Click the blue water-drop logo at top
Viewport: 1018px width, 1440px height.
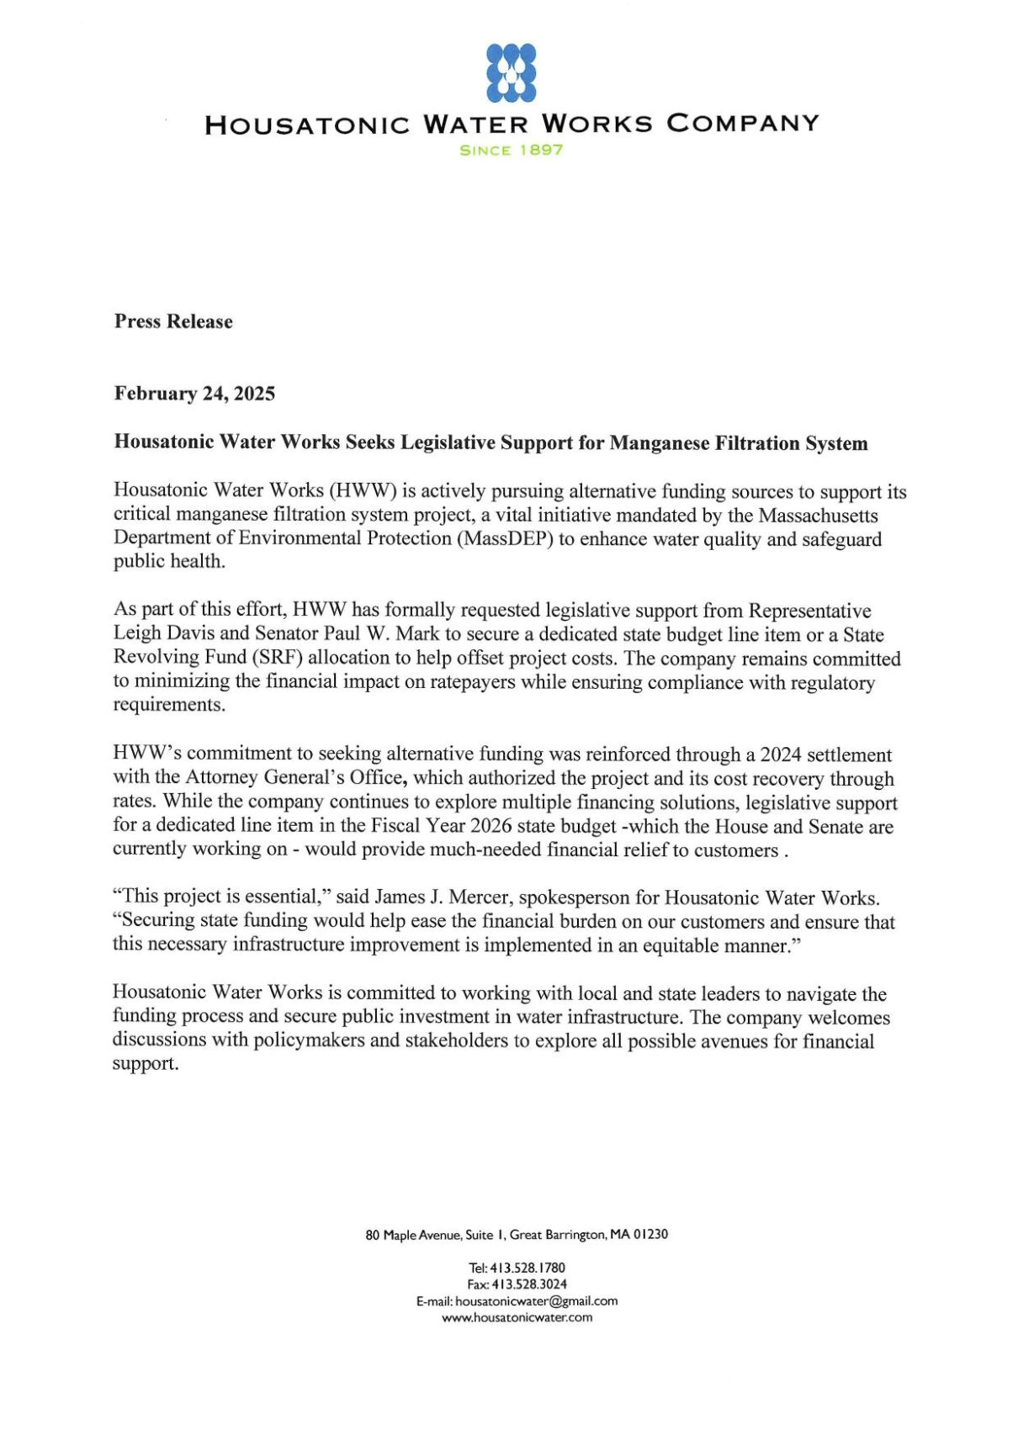coord(512,73)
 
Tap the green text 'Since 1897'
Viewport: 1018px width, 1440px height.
coord(512,151)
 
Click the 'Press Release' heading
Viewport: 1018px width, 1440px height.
coord(173,321)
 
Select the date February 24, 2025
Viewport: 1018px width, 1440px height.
coord(194,394)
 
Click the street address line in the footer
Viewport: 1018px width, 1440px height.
coord(517,1235)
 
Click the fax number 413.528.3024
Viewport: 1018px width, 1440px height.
coord(528,1284)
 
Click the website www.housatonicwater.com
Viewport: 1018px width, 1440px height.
coord(517,1318)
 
